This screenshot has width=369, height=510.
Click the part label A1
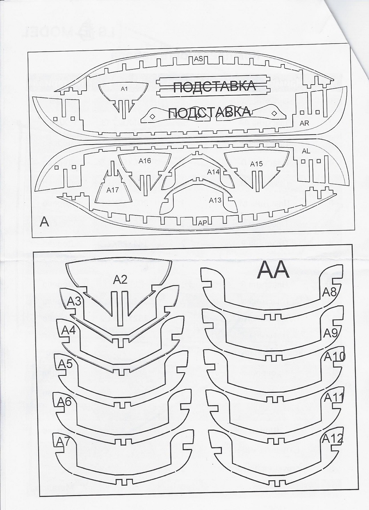[124, 89]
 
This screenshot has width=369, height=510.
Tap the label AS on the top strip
[198, 59]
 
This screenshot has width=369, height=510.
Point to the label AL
[306, 151]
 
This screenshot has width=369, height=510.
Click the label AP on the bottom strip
[202, 223]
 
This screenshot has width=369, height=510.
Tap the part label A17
[112, 190]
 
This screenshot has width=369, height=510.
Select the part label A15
[256, 164]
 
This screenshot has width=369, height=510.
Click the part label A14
[214, 172]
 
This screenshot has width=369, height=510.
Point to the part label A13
[215, 200]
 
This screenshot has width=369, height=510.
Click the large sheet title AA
[273, 271]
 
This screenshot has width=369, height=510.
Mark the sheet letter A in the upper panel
[44, 222]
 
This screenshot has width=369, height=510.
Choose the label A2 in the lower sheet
[120, 280]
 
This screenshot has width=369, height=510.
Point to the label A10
[335, 357]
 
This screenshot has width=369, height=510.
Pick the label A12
[332, 439]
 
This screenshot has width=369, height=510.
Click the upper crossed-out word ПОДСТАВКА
[215, 86]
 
